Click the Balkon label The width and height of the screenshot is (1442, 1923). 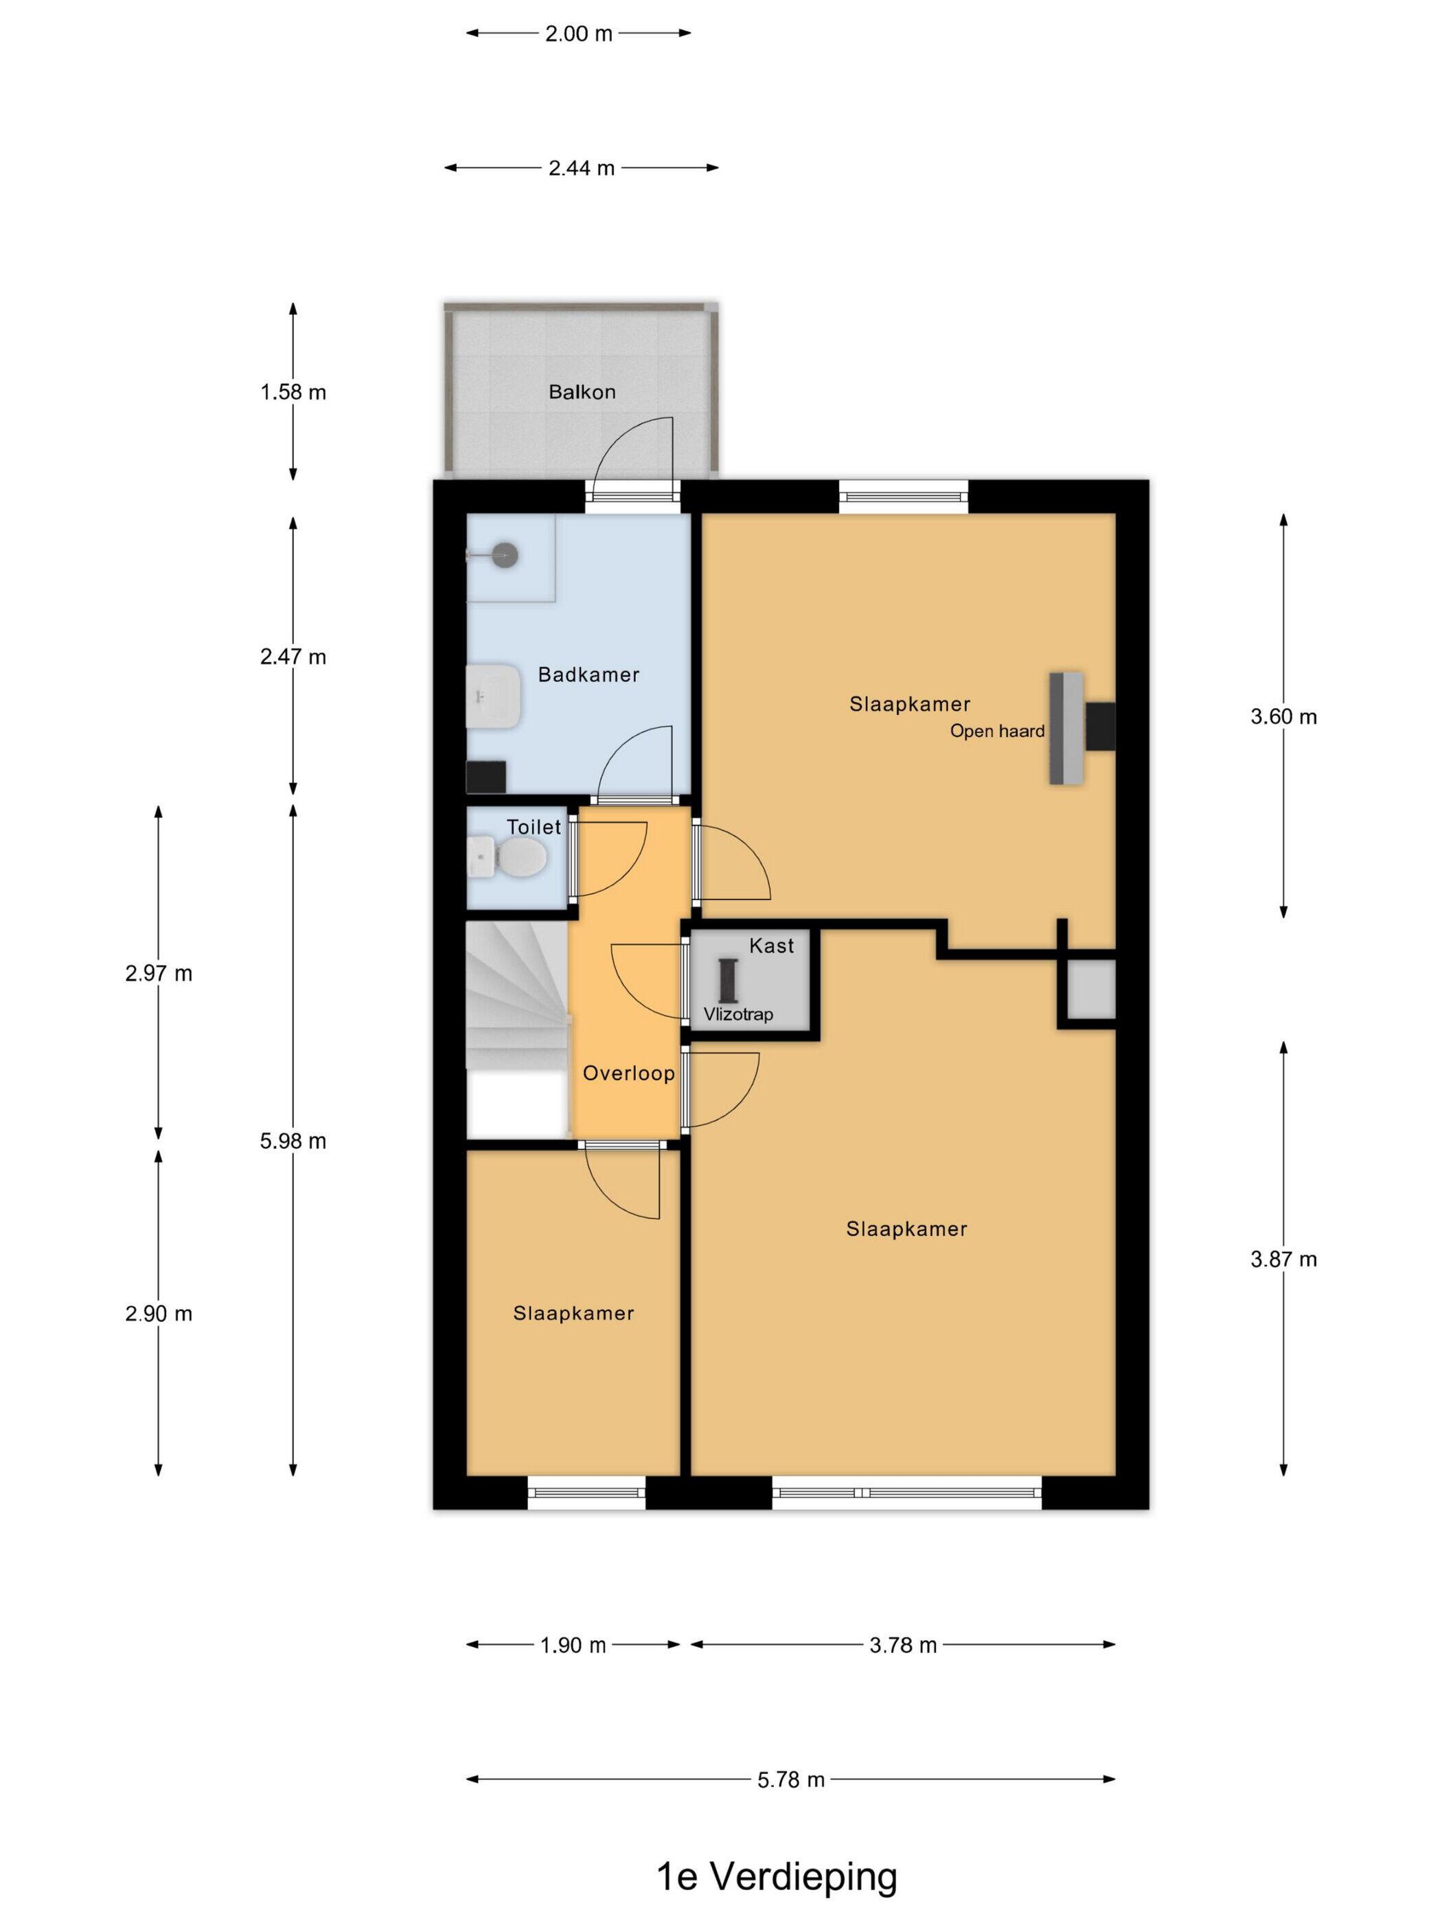pyautogui.click(x=582, y=391)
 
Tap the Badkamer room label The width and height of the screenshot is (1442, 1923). pyautogui.click(x=588, y=674)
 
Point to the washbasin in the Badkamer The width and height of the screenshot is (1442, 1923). pyautogui.click(x=493, y=696)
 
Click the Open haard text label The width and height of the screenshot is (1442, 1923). pyautogui.click(x=997, y=731)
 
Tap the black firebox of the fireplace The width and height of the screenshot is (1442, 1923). pyautogui.click(x=1101, y=727)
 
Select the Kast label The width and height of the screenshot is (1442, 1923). pyautogui.click(x=771, y=946)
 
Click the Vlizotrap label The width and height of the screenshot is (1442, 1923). pyautogui.click(x=738, y=1014)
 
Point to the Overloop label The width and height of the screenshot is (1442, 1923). pyautogui.click(x=628, y=1073)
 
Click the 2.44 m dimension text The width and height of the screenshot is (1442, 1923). pyautogui.click(x=582, y=168)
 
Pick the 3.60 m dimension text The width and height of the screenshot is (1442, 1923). pyautogui.click(x=1283, y=716)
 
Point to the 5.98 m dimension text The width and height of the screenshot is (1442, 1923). pyautogui.click(x=293, y=1141)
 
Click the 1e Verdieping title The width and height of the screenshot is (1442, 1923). pyautogui.click(x=776, y=1877)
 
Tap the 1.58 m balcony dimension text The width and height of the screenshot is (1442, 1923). pyautogui.click(x=293, y=392)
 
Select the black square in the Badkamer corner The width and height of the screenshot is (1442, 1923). pyautogui.click(x=486, y=776)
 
